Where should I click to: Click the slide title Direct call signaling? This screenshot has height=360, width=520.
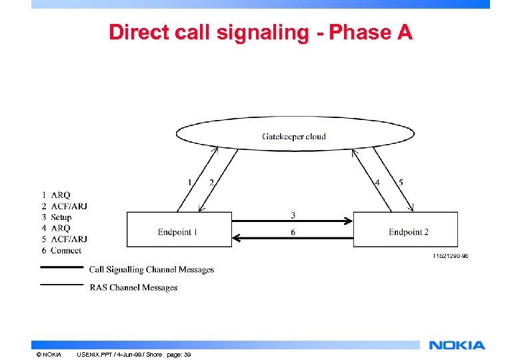(x=261, y=32)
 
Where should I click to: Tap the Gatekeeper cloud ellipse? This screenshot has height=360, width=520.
(x=294, y=136)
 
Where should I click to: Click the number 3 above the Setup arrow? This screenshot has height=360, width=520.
(x=293, y=215)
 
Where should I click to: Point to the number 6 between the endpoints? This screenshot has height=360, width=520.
(x=293, y=232)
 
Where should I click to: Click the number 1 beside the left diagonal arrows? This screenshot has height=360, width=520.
(x=190, y=182)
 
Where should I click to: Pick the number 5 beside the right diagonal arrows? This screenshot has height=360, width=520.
(x=400, y=182)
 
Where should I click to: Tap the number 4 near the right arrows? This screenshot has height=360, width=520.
(x=378, y=182)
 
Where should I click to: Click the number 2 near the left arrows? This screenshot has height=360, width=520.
(x=211, y=182)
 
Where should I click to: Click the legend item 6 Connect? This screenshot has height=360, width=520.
(x=61, y=250)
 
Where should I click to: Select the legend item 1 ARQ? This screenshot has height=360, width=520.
(x=56, y=195)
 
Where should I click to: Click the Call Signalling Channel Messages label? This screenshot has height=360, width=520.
(x=151, y=269)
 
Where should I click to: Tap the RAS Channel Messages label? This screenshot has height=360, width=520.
(x=133, y=287)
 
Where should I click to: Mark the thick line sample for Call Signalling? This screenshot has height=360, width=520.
(x=61, y=268)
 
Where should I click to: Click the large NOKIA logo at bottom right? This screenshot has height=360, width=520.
(x=457, y=345)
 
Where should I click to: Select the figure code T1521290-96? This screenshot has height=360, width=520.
(x=450, y=255)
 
